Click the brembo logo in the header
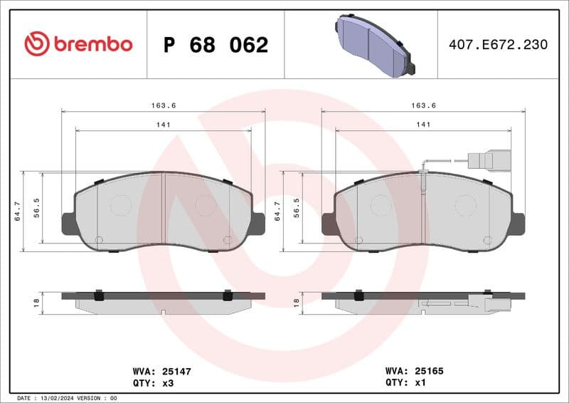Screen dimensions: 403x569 [x=78, y=44]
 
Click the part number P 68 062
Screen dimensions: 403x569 [x=216, y=45]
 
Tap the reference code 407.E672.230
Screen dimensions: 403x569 [x=498, y=45]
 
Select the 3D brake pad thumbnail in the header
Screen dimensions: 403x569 [x=374, y=45]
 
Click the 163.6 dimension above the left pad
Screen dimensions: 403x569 [x=164, y=105]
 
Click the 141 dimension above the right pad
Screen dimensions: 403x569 [x=423, y=125]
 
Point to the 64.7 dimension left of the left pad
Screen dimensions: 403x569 [x=18, y=211]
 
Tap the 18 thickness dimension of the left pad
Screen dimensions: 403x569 [x=36, y=303]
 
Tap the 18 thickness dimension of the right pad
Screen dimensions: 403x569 [x=297, y=303]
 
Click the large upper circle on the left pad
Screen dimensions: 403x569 [x=122, y=206]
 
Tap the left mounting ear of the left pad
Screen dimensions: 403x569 [x=68, y=224]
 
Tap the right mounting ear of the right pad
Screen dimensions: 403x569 [x=517, y=224]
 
